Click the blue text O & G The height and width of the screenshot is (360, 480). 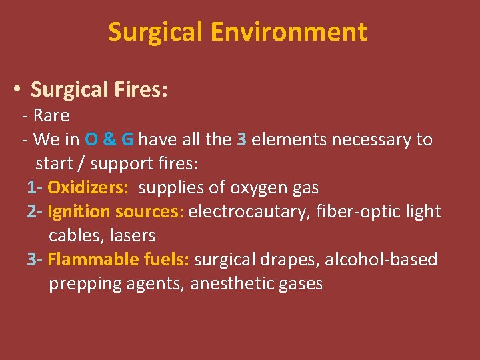(x=109, y=139)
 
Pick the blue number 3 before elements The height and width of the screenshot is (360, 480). (x=242, y=139)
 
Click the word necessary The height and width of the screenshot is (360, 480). (x=373, y=139)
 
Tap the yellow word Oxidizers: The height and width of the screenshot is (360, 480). (x=88, y=188)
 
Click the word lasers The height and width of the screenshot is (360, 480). (x=135, y=235)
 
